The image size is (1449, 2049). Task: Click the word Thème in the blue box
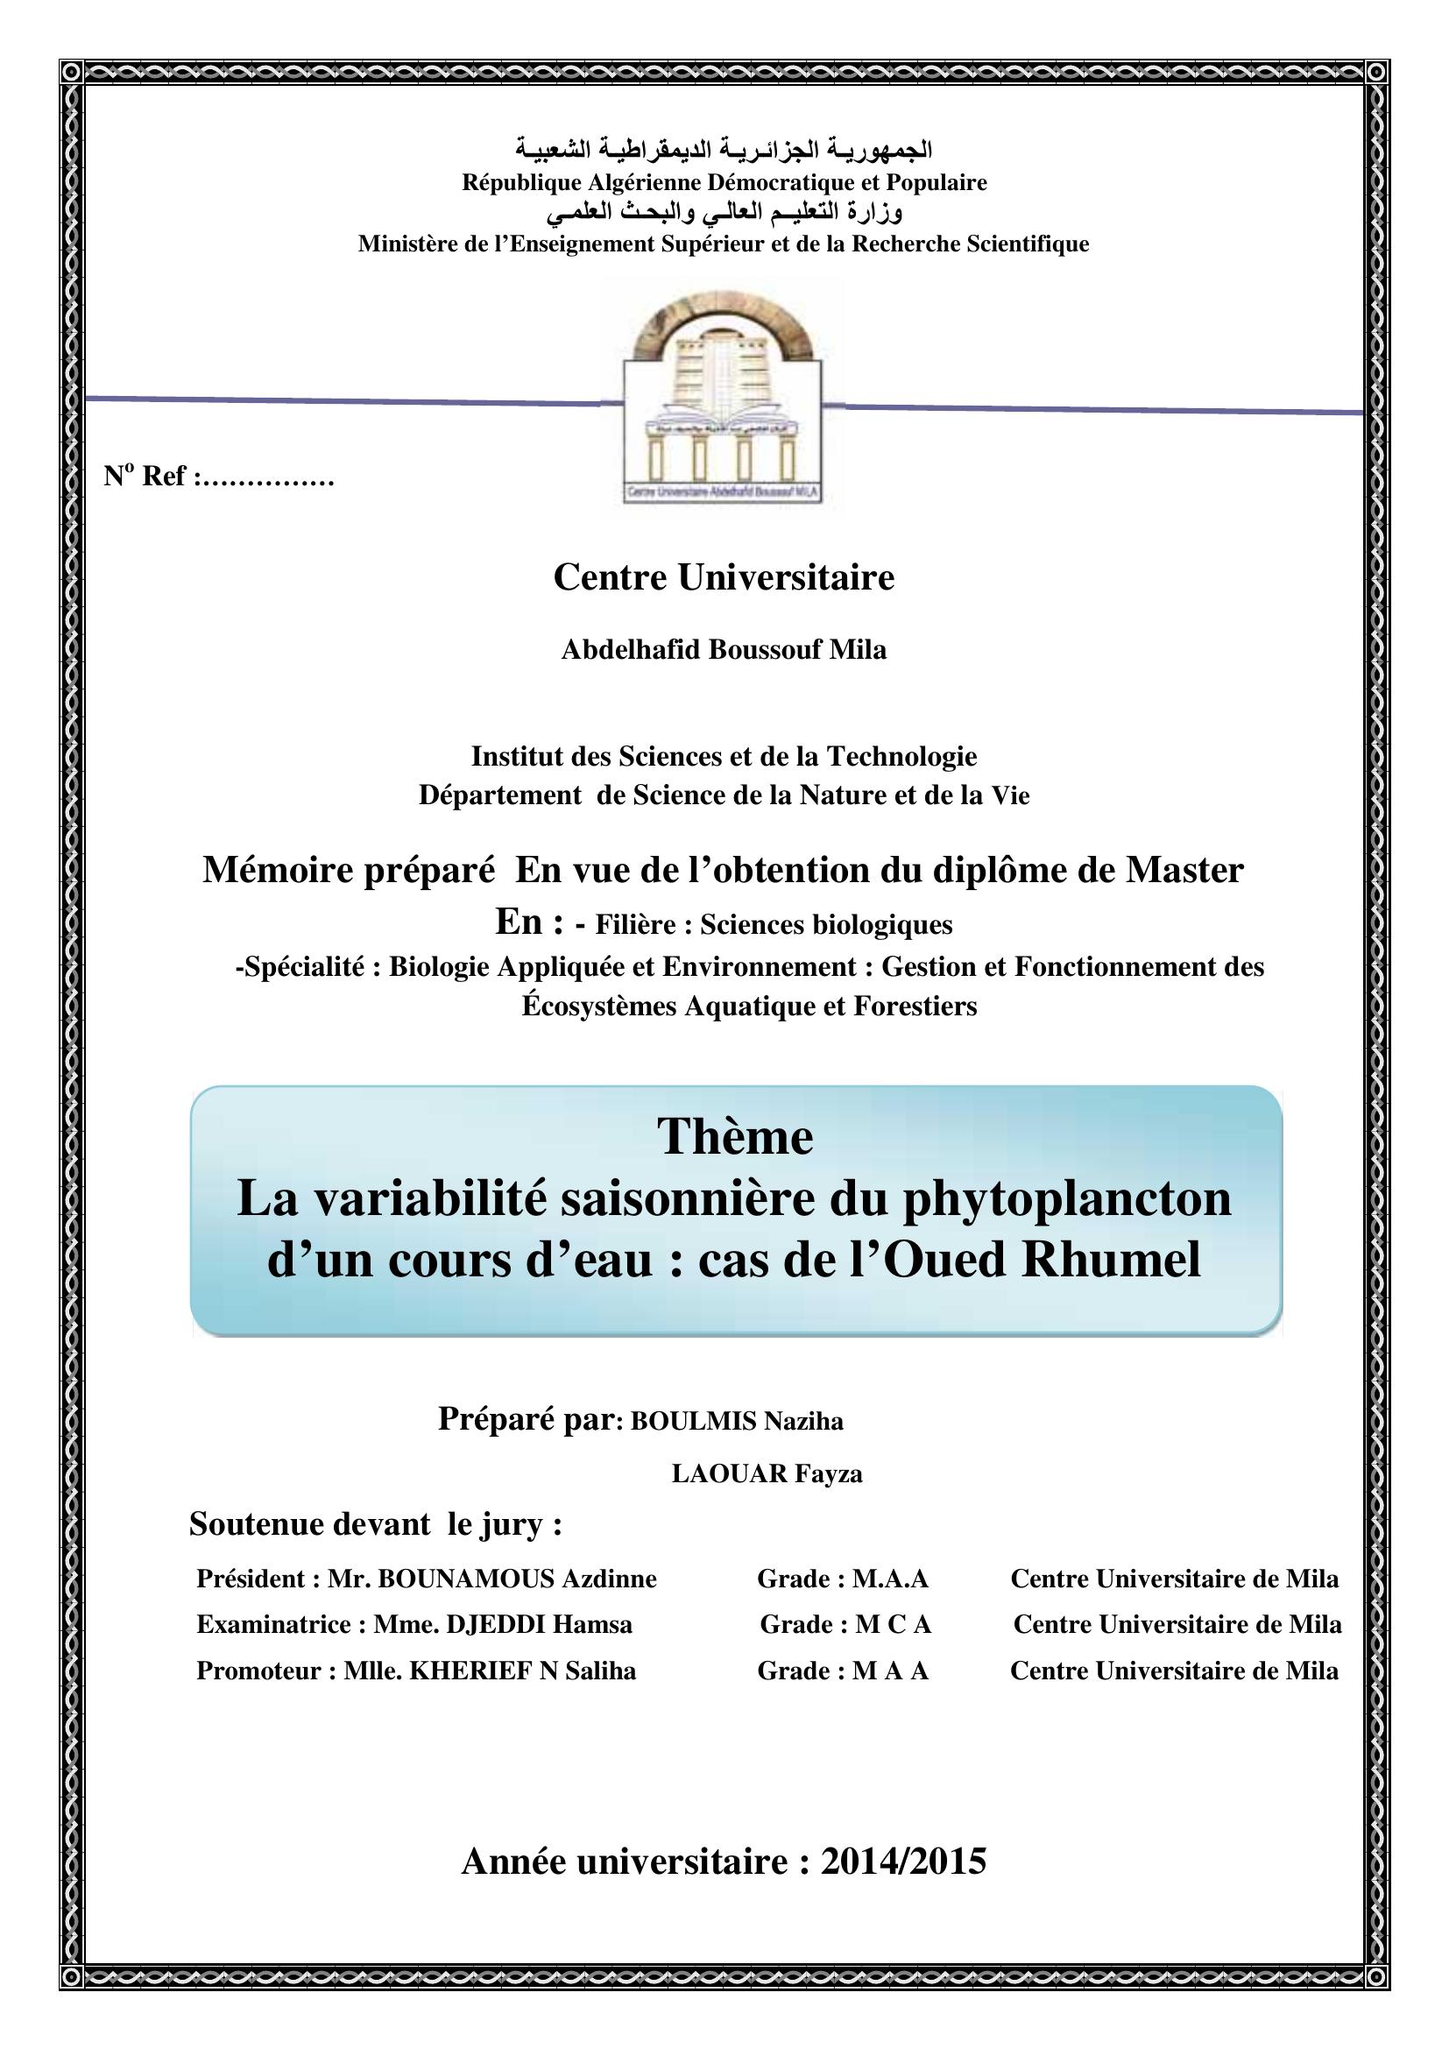pos(735,1138)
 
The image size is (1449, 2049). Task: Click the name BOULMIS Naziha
pos(737,1422)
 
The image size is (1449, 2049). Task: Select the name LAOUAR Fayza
pos(767,1474)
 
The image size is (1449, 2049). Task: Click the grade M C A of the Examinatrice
pos(893,1624)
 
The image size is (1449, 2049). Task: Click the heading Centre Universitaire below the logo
pos(724,577)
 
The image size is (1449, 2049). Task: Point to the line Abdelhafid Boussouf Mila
pos(724,650)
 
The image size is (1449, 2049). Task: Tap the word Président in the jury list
pos(251,1579)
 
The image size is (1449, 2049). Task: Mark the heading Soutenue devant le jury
pos(376,1524)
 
